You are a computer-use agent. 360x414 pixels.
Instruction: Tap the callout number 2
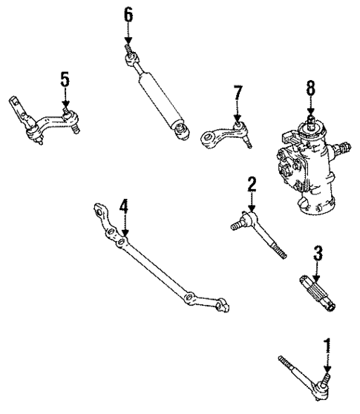point(252,183)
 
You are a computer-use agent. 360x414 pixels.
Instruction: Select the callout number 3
point(317,254)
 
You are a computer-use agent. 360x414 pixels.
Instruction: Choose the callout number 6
point(128,13)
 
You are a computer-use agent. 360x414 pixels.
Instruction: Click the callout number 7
point(237,93)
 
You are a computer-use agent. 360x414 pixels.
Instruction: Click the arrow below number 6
point(128,34)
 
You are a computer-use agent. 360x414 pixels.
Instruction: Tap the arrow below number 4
point(125,226)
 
